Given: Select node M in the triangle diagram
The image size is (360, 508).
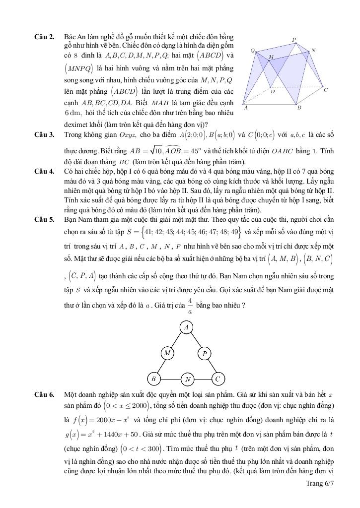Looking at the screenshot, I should coord(168,353).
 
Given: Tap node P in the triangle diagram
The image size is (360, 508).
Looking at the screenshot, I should coord(205,354).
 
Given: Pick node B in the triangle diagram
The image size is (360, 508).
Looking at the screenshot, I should coord(154,379).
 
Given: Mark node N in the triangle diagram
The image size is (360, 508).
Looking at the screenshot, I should coord(188,380).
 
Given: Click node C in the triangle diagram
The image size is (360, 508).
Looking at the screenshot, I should coord(217,379).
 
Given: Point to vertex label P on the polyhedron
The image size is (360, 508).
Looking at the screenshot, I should coord(293,39).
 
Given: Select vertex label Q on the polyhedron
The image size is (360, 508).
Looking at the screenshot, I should coord(252,51).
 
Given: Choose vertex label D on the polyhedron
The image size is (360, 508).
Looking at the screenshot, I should coord(273,91).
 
